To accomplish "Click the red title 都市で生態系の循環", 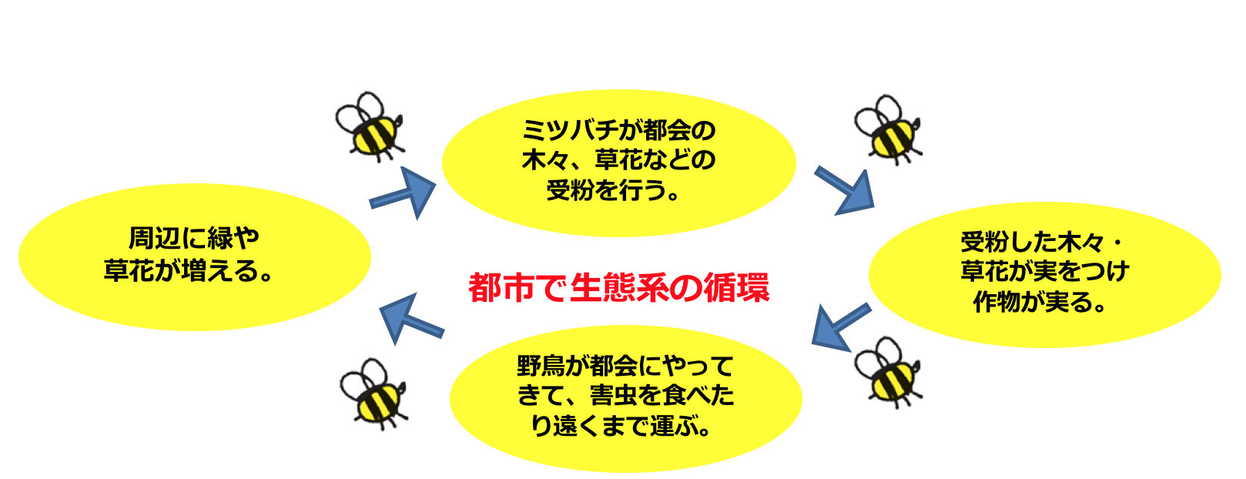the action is pyautogui.click(x=619, y=289).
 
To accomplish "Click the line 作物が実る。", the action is pyautogui.click(x=1040, y=303).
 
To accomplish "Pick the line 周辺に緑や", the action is pyautogui.click(x=193, y=239).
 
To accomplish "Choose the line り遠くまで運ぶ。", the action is pyautogui.click(x=622, y=425).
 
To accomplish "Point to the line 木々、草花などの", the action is pyautogui.click(x=618, y=160).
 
